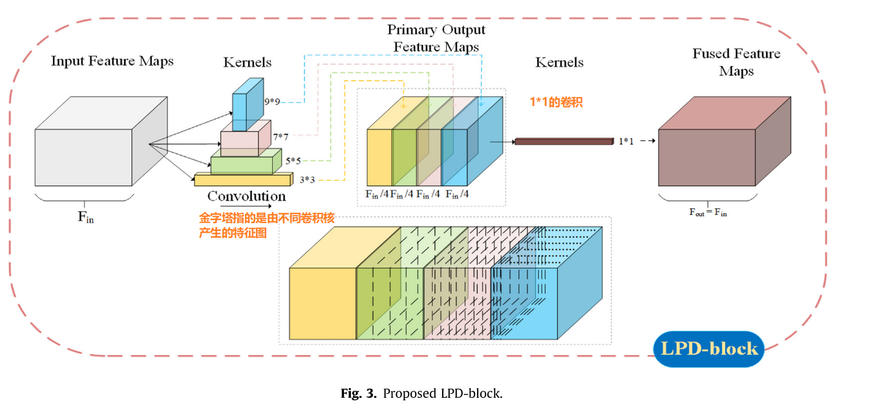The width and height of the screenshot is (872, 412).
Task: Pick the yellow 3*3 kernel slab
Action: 244,180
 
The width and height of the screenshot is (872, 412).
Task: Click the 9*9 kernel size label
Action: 272,102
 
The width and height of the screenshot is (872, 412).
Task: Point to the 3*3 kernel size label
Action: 307,180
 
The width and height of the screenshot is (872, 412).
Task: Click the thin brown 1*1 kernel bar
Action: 564,142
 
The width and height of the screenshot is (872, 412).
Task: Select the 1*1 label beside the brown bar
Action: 626,142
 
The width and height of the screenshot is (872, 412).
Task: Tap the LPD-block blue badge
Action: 709,349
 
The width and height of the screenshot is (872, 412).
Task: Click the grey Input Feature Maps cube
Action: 101,142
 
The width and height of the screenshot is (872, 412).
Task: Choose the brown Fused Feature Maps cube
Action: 725,142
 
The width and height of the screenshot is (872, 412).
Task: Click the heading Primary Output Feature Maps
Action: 436,38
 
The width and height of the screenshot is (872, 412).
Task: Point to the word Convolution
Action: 246,196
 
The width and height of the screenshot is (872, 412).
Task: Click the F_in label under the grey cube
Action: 85,217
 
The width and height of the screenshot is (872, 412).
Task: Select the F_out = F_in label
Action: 708,212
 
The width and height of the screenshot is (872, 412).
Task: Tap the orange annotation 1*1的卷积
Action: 556,102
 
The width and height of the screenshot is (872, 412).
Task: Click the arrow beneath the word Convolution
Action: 246,206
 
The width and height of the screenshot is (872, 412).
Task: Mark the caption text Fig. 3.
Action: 359,393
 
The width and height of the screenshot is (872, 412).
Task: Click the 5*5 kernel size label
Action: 293,161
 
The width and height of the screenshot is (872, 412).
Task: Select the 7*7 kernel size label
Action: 281,137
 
